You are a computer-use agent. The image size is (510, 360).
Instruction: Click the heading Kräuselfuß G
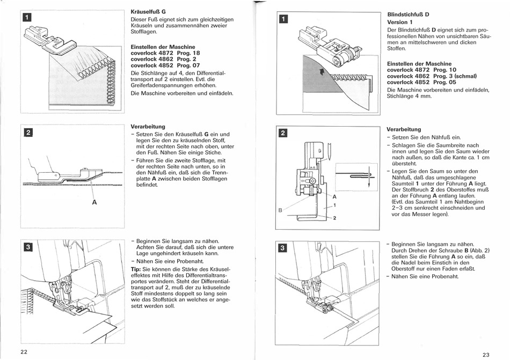(148, 11)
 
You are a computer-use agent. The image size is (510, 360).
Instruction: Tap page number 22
(24, 351)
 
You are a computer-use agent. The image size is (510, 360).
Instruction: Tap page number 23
(486, 354)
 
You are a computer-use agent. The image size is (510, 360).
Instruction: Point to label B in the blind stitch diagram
(280, 210)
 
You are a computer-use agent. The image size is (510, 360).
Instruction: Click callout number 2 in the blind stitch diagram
(334, 218)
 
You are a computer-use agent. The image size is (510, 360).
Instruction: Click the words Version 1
(400, 22)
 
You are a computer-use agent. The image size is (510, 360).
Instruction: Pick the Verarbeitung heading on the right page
(404, 129)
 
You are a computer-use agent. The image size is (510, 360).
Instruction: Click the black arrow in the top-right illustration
(322, 73)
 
